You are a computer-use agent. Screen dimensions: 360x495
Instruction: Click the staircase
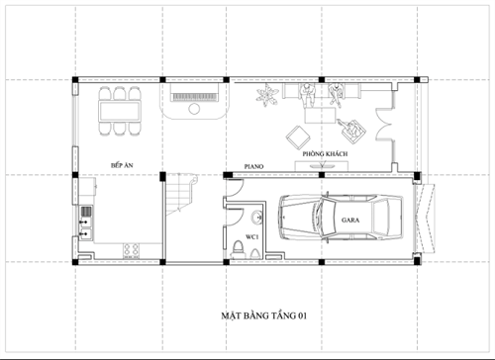(x=179, y=197)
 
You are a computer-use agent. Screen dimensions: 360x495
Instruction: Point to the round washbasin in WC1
(x=257, y=218)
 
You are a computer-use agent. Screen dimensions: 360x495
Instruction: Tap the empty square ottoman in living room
(x=296, y=135)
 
